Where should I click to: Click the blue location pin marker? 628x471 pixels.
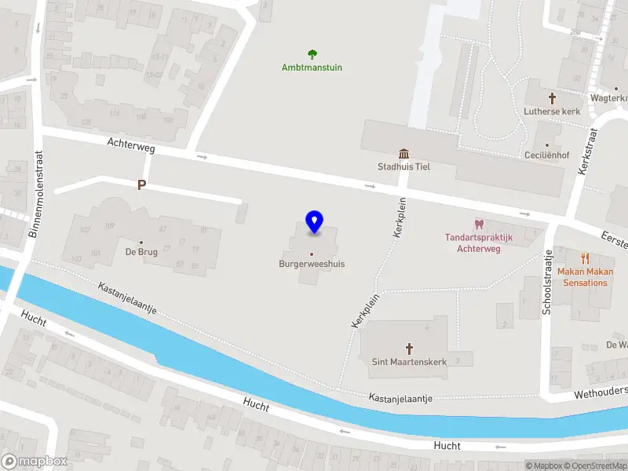[314, 222]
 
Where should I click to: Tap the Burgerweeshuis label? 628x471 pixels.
[312, 264]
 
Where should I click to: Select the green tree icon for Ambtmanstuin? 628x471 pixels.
[312, 54]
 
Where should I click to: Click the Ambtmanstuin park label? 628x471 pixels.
[312, 68]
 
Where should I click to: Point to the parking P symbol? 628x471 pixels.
[141, 185]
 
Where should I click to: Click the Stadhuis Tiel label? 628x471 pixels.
[403, 166]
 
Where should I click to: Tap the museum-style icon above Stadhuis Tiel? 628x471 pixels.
[403, 153]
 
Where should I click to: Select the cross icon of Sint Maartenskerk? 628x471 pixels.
[408, 348]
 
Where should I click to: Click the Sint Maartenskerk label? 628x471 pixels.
[408, 362]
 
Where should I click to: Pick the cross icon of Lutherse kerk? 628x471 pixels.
[552, 98]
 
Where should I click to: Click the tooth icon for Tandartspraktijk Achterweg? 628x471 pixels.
[479, 225]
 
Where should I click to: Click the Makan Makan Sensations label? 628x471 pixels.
[582, 277]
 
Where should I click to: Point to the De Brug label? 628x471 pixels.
[141, 252]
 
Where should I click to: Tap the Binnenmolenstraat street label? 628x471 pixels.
[34, 194]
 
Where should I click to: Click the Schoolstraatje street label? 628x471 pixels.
[547, 283]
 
